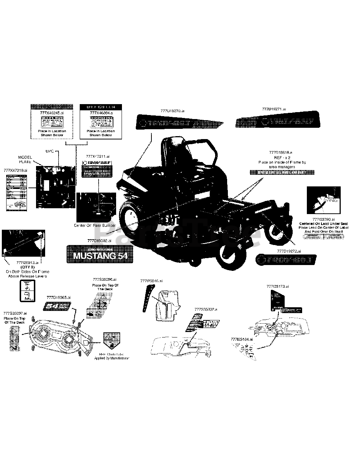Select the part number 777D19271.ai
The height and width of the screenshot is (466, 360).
coord(274,109)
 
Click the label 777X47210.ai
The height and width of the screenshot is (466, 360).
coord(15,170)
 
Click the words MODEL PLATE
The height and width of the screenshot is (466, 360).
coord(25,159)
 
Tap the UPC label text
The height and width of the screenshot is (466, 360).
coord(50,150)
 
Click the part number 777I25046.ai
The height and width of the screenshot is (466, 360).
coord(151,281)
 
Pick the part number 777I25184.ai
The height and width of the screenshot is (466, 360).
coord(242,339)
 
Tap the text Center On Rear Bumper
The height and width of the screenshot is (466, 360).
coord(95,225)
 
